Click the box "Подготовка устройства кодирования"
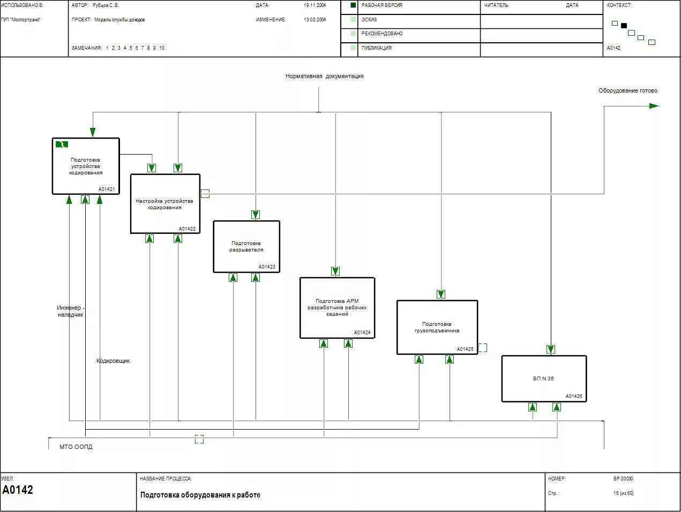[x=86, y=166]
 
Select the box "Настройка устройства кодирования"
[x=165, y=204]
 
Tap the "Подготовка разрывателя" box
[x=246, y=247]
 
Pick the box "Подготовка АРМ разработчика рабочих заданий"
[x=337, y=308]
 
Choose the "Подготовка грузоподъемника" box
[x=437, y=327]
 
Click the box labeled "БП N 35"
[x=544, y=379]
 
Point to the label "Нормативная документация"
[x=324, y=77]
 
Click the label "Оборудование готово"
[x=627, y=91]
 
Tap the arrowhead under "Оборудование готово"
[x=654, y=106]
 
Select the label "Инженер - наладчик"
[x=70, y=311]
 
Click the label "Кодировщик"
[x=113, y=361]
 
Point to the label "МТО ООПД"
[x=76, y=447]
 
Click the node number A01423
[x=267, y=267]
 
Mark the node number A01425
[x=465, y=349]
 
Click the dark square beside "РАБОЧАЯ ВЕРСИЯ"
[x=353, y=5]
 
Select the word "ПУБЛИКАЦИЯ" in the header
[x=377, y=48]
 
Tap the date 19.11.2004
[x=315, y=5]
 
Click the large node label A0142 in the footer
[x=18, y=490]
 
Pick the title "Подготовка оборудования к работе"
[x=200, y=495]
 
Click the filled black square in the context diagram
[x=624, y=26]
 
